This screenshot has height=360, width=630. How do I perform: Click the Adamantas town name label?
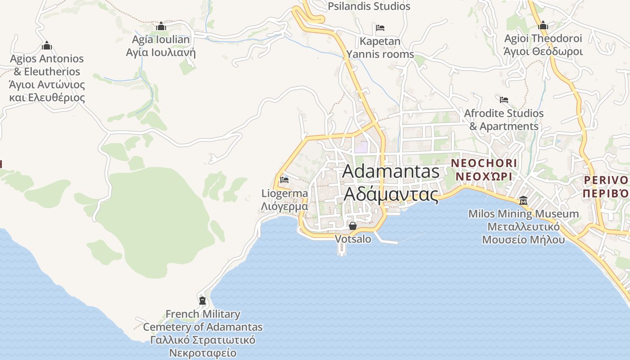391,183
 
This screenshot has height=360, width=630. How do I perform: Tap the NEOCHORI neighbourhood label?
484,169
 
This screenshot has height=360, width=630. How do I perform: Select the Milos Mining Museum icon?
523,200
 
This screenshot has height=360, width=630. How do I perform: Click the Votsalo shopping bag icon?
353,225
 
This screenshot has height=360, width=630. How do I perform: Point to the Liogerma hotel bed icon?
284,180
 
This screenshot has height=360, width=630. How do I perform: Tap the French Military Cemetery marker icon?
202,300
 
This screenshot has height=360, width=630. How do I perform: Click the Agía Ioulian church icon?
161,26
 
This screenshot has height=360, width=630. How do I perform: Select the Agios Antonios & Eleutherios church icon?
46,45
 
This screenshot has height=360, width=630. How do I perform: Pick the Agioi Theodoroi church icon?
543,25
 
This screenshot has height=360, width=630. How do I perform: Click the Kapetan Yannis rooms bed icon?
380,28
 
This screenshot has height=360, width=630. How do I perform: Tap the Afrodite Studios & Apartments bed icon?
504,99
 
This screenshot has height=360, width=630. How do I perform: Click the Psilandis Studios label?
369,6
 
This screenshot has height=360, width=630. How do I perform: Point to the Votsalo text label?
353,239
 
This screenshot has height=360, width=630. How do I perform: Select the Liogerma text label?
285,200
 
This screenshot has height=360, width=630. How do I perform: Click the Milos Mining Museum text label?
523,226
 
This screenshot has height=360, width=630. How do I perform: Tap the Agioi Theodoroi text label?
543,45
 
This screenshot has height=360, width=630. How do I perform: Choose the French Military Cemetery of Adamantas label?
203,333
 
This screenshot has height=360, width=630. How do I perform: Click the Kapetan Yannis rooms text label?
380,48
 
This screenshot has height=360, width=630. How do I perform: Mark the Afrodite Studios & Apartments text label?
504,120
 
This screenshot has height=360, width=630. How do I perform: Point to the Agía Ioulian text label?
161,46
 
